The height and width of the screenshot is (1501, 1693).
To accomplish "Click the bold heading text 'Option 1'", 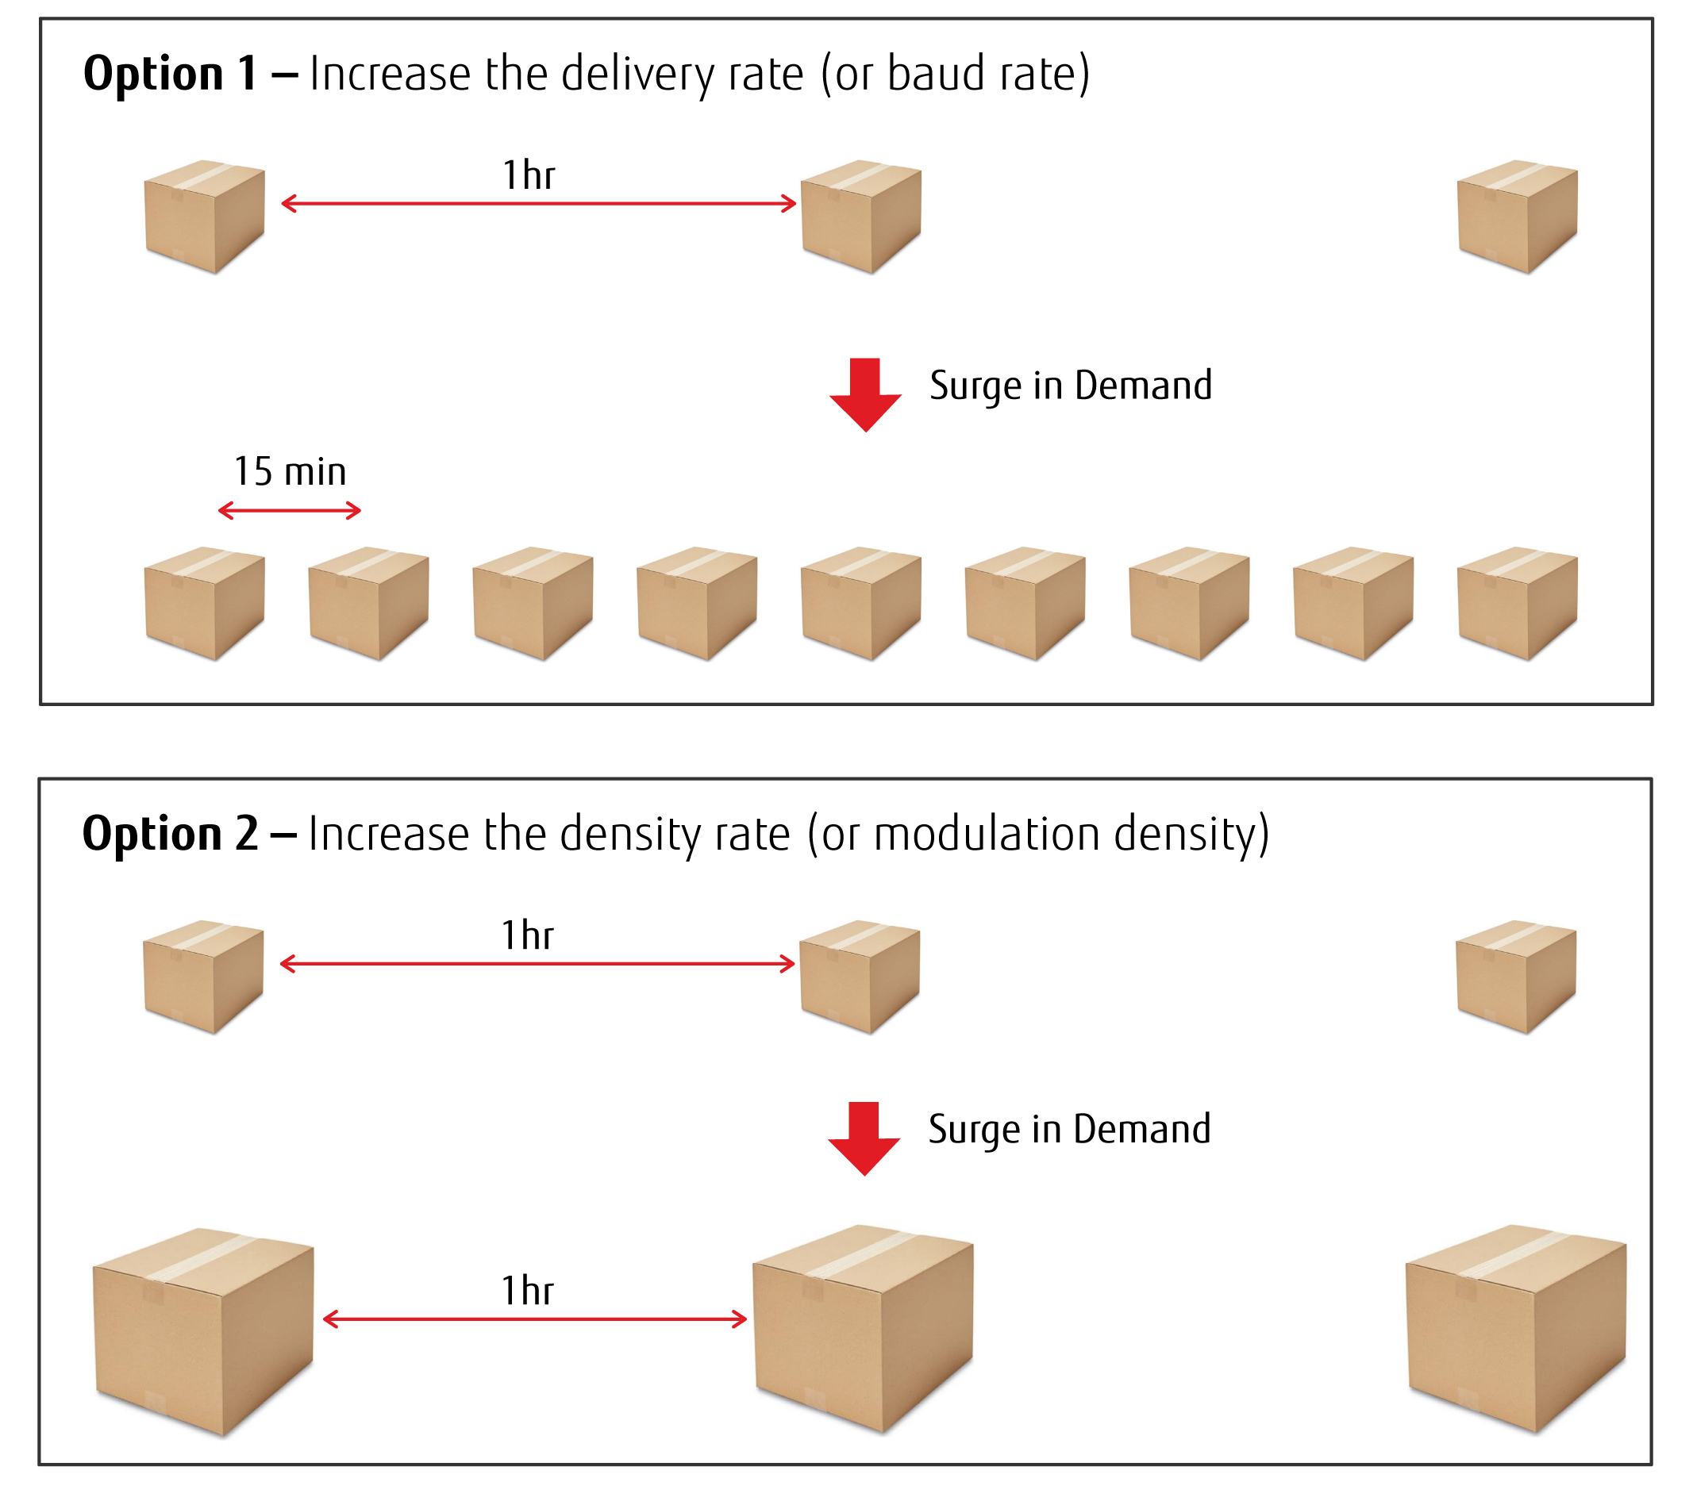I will tap(170, 73).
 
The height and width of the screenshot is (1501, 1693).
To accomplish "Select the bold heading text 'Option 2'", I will tap(170, 833).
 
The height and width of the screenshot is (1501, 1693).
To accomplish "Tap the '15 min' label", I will tap(290, 471).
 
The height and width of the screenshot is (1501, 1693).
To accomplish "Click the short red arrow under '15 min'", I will tap(290, 510).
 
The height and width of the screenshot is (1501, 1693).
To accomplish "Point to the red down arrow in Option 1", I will tap(866, 395).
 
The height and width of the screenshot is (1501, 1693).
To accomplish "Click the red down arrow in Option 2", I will tap(864, 1138).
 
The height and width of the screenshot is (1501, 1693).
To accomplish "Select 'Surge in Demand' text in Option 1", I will tap(1070, 386).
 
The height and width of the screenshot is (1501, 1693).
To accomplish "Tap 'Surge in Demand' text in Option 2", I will tap(1068, 1129).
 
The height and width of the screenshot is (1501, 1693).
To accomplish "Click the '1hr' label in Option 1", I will tap(529, 175).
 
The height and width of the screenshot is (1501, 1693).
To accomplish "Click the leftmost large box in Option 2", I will tap(203, 1331).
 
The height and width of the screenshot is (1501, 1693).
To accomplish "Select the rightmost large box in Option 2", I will tap(1516, 1329).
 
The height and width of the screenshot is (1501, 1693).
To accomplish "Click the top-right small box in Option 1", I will tap(1518, 216).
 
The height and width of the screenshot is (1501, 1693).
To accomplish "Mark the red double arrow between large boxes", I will tap(534, 1319).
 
